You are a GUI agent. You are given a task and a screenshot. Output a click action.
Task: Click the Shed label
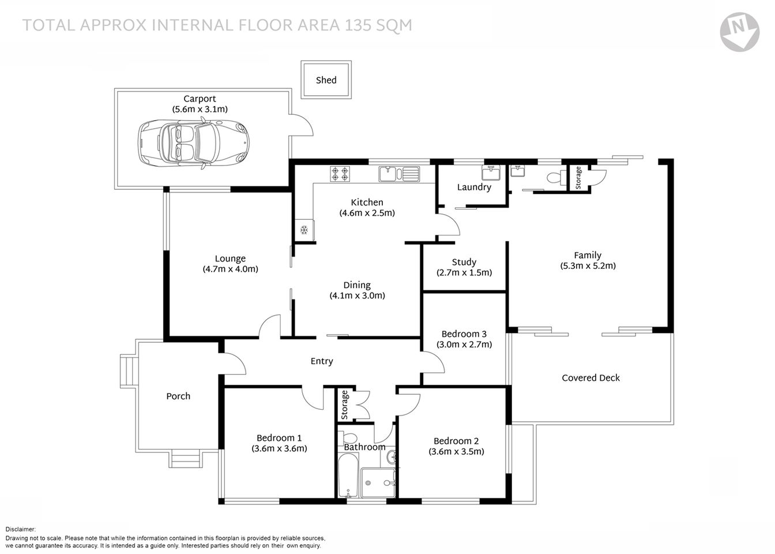click(326, 80)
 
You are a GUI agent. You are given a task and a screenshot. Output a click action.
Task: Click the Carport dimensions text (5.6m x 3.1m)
click(200, 109)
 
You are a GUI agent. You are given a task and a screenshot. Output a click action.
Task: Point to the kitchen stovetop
click(339, 173)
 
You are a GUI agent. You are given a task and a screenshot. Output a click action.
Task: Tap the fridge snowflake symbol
click(303, 230)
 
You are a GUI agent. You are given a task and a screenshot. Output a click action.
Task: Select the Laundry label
click(474, 187)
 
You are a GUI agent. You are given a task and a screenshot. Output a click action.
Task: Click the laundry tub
click(492, 173)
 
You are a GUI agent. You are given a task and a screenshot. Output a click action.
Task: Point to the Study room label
click(464, 262)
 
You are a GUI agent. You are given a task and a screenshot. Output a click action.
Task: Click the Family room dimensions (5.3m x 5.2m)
click(588, 266)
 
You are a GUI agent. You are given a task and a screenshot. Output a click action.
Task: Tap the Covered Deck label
click(590, 378)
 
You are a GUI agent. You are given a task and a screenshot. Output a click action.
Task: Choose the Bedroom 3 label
click(464, 334)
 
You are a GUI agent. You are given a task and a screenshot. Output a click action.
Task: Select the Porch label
click(178, 396)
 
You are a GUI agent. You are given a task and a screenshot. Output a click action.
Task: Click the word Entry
click(322, 361)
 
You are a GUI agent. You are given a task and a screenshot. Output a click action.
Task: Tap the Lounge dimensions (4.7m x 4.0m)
click(230, 269)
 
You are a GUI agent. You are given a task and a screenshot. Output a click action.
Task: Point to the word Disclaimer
click(21, 529)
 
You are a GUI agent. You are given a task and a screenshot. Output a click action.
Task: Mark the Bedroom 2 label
click(456, 441)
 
